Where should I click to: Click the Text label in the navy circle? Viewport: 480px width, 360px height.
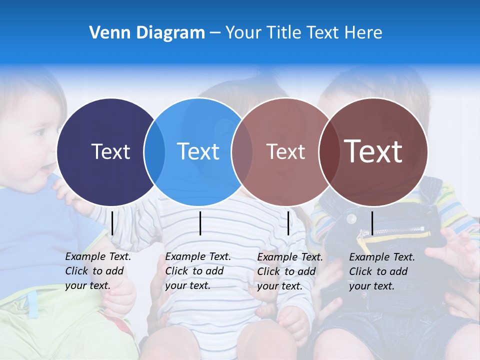pos(110,151)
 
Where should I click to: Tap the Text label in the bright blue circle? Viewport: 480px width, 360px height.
pos(198,151)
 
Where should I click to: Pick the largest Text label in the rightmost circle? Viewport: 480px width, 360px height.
pos(373,151)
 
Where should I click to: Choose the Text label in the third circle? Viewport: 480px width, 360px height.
pos(285,151)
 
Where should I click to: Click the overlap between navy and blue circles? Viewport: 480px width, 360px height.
pos(154,152)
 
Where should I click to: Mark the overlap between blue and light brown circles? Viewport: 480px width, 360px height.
pos(242,152)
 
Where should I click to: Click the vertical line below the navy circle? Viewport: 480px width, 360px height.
pos(112,223)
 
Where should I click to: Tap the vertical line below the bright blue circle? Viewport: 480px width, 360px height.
pos(200,223)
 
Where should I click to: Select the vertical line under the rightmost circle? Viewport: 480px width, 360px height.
pos(372,223)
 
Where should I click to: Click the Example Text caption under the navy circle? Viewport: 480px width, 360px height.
pos(97,271)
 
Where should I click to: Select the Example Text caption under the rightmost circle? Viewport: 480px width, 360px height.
pos(381,271)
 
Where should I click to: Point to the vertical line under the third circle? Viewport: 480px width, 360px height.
pos(288,223)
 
